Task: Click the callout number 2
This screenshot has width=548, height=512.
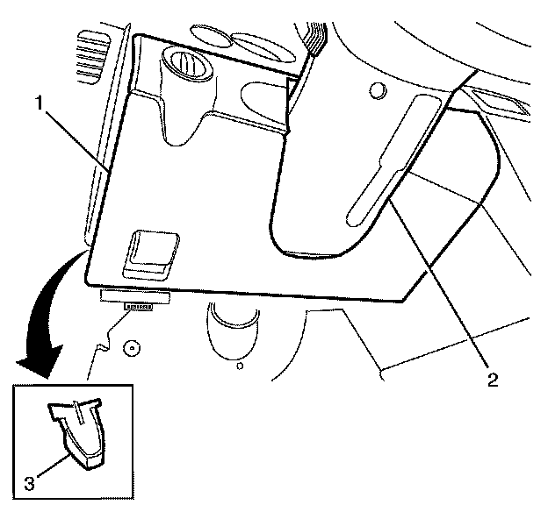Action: click(493, 380)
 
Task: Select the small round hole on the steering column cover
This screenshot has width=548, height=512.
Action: click(377, 91)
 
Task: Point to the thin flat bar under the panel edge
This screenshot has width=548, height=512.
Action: click(131, 296)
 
